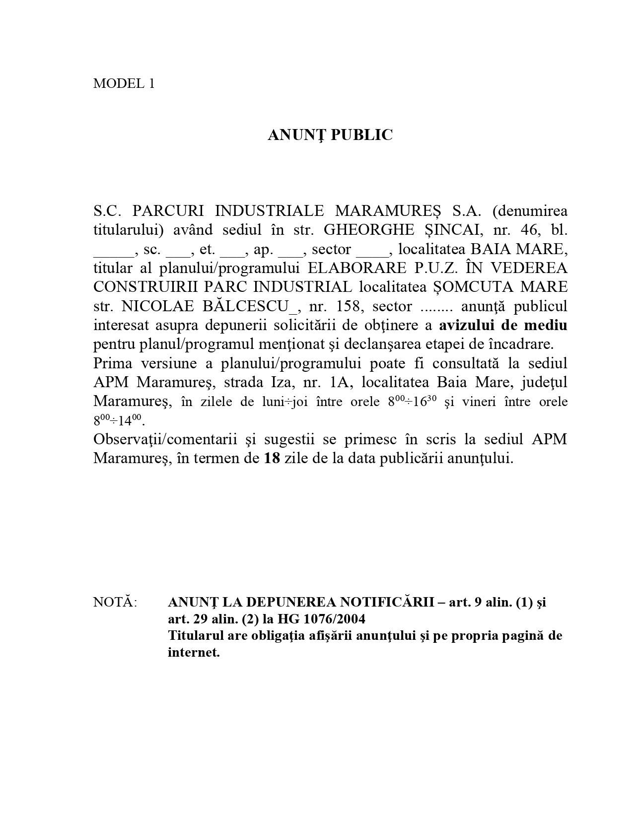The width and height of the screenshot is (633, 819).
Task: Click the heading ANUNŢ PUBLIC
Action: (x=330, y=135)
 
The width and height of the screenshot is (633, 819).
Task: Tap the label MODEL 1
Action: (x=124, y=83)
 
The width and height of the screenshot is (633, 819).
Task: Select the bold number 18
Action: (x=272, y=458)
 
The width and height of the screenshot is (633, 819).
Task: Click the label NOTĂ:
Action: (x=115, y=602)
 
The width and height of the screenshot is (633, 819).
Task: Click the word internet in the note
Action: (x=193, y=652)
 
